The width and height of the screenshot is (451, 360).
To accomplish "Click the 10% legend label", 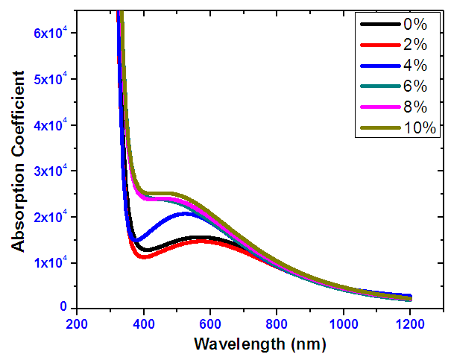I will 419,128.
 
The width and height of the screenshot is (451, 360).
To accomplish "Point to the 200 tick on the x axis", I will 77,325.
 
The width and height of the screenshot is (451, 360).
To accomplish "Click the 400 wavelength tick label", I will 144,325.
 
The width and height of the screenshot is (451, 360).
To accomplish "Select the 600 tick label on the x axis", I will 210,325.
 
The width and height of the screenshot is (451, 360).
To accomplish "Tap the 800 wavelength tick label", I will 277,325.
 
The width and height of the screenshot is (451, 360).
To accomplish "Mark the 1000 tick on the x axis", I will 344,325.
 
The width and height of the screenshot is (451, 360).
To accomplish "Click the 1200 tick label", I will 411,325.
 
